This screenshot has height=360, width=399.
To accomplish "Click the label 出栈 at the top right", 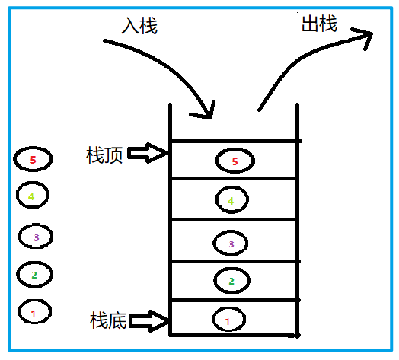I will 319,24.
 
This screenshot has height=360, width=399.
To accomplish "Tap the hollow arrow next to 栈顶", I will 146,155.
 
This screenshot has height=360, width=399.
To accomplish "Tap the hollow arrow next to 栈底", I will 149,320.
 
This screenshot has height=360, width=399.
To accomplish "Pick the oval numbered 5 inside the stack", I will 235,161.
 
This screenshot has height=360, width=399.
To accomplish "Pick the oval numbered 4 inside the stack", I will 231,200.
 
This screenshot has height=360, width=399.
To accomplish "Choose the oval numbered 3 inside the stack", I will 231,243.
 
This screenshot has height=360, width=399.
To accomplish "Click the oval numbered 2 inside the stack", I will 231,281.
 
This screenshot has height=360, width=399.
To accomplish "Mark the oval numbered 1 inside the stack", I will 228,320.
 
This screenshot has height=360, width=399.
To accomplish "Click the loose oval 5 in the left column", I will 32,160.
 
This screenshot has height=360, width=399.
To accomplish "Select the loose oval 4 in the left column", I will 32,196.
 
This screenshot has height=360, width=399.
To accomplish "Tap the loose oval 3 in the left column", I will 35,237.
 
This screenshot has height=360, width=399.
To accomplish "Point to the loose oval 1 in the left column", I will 33,311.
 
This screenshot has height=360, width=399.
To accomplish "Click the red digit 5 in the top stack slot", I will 235,161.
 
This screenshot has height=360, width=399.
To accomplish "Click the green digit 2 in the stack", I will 231,281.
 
